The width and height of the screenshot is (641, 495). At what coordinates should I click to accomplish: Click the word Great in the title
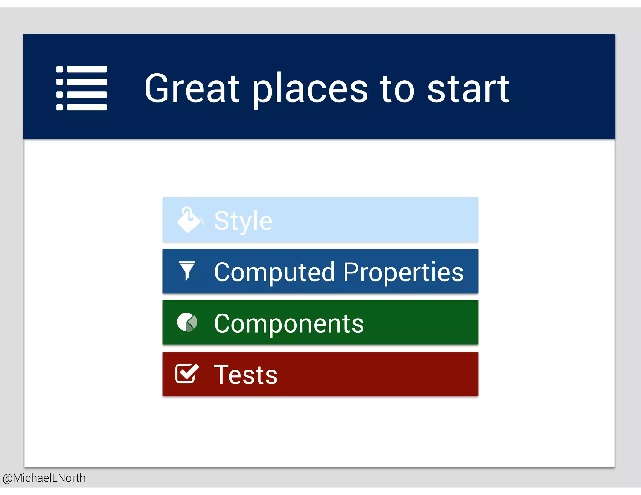[192, 88]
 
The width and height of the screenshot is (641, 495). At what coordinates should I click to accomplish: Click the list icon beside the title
[82, 88]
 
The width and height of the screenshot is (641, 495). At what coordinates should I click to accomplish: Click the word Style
[243, 221]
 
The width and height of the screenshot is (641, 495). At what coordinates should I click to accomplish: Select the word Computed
[274, 272]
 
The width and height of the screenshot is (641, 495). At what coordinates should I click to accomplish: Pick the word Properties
[403, 272]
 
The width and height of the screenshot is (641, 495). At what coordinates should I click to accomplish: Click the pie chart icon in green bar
[187, 322]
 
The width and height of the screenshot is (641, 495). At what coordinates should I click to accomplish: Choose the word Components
[289, 324]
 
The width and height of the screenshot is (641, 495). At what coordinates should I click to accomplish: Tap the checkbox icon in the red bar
[187, 374]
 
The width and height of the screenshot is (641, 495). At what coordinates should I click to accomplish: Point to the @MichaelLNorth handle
[44, 478]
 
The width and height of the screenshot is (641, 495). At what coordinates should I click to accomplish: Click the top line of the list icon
[87, 69]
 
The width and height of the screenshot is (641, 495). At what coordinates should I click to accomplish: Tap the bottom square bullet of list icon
[59, 107]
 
